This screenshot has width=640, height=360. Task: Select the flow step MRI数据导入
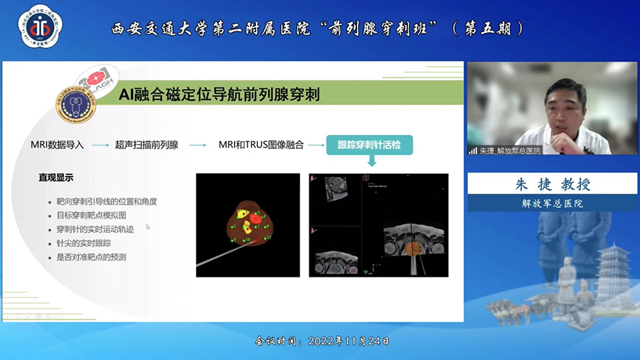57,145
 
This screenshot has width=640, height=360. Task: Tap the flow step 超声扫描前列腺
146,145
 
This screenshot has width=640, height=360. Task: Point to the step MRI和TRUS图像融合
261,145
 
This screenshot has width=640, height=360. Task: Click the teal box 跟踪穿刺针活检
369,145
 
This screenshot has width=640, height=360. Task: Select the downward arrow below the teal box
370,162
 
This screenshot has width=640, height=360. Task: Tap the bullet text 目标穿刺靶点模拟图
92,216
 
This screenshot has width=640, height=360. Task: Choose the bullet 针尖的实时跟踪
82,243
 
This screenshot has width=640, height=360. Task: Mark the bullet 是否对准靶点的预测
91,257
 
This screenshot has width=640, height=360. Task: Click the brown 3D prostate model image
248,225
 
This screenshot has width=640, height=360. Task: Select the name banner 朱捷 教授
552,183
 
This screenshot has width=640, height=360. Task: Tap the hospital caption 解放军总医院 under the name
552,203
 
